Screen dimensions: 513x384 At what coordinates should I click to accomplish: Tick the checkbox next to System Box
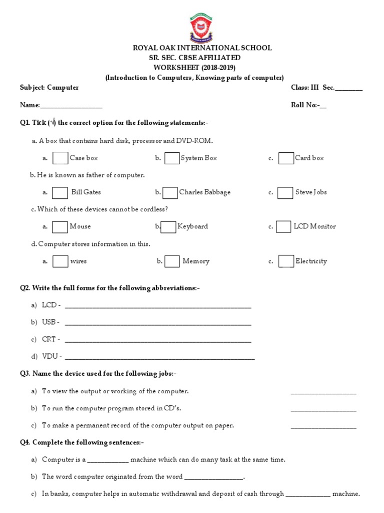click(x=172, y=158)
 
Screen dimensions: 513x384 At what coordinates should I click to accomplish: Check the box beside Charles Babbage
click(x=170, y=192)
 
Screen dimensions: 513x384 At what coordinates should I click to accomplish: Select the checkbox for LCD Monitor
click(x=284, y=226)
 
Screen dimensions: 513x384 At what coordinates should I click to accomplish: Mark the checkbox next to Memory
click(x=172, y=262)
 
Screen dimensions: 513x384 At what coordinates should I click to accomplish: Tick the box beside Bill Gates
click(x=60, y=193)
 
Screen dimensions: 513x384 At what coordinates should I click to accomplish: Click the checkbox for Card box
click(x=286, y=158)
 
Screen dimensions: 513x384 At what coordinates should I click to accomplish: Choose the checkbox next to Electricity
click(x=286, y=262)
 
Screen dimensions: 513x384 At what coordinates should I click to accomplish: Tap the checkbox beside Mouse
click(x=60, y=227)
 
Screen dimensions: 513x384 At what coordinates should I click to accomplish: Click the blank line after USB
click(x=158, y=325)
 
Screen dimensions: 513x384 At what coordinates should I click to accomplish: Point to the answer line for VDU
click(x=160, y=359)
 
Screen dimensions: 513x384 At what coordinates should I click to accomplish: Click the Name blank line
click(x=71, y=107)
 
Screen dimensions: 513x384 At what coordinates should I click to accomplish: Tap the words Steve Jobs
click(x=311, y=192)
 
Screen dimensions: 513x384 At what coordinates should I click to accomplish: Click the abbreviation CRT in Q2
click(x=49, y=339)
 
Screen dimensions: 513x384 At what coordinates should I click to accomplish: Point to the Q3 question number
click(x=25, y=373)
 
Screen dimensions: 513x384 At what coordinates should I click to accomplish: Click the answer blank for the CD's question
click(x=323, y=411)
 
